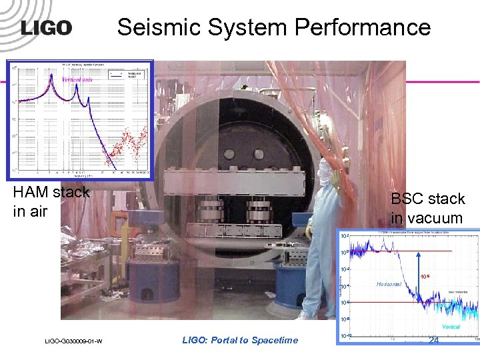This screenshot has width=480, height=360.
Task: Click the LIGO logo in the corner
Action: pyautogui.click(x=46, y=27)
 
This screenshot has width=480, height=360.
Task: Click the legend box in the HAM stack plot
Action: pyautogui.click(x=126, y=75)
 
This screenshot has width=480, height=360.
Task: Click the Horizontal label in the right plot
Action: pyautogui.click(x=389, y=284)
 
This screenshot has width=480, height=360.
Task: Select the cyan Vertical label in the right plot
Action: pyautogui.click(x=451, y=327)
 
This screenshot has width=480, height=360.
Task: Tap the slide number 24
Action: pyautogui.click(x=434, y=340)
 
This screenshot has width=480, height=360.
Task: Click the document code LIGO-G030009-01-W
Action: pyautogui.click(x=73, y=341)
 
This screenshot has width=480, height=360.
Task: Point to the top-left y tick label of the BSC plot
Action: pyautogui.click(x=343, y=237)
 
